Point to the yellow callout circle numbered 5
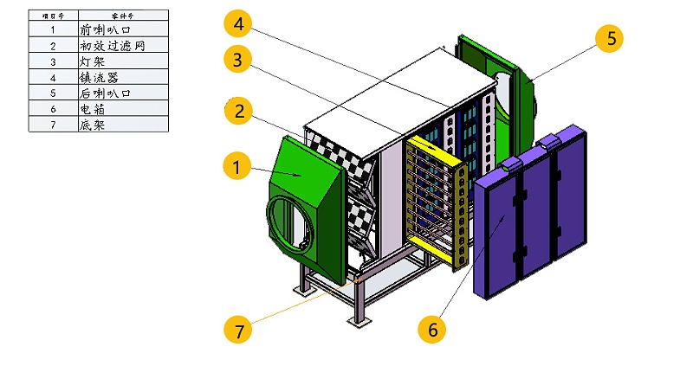point(611,38)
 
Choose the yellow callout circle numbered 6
point(431,329)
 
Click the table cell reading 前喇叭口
point(120,28)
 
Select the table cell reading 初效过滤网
point(120,45)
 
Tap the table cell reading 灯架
point(120,61)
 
